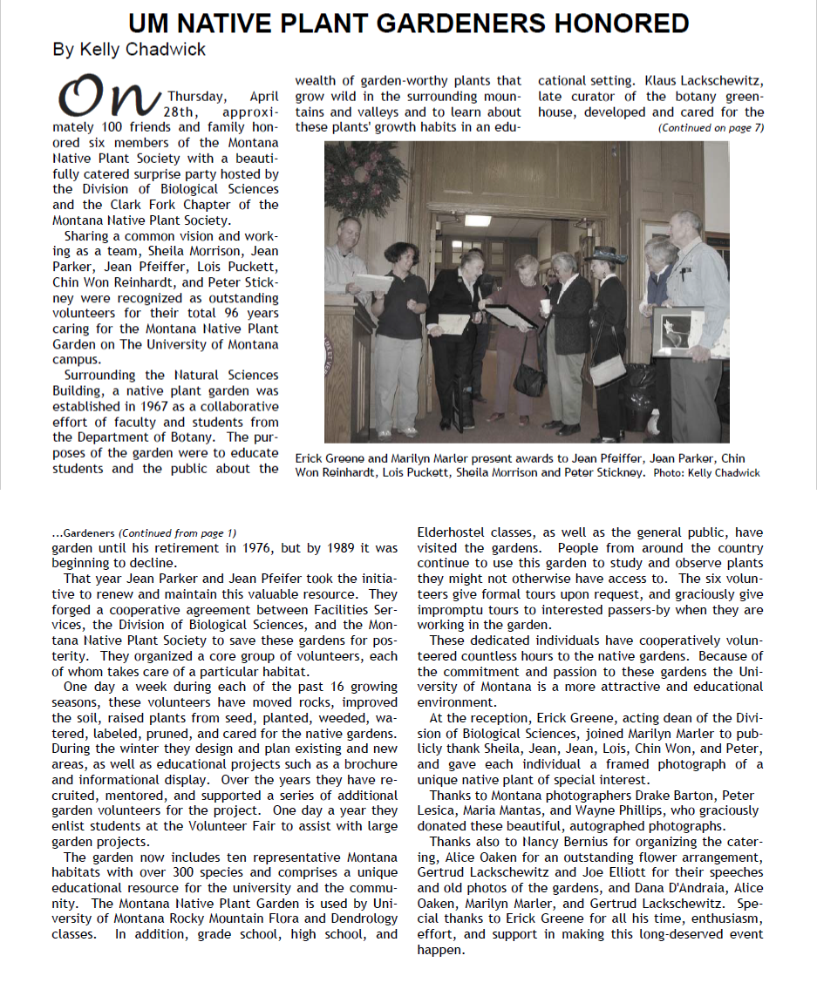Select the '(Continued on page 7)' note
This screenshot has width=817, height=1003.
coord(710,127)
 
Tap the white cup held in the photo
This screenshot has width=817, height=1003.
coord(545,306)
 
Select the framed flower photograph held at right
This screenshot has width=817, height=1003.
coord(678,330)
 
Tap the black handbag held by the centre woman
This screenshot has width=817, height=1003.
coord(528,376)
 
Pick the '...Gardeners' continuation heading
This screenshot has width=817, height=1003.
coord(84,532)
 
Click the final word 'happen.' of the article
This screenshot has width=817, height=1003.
coord(441,950)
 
